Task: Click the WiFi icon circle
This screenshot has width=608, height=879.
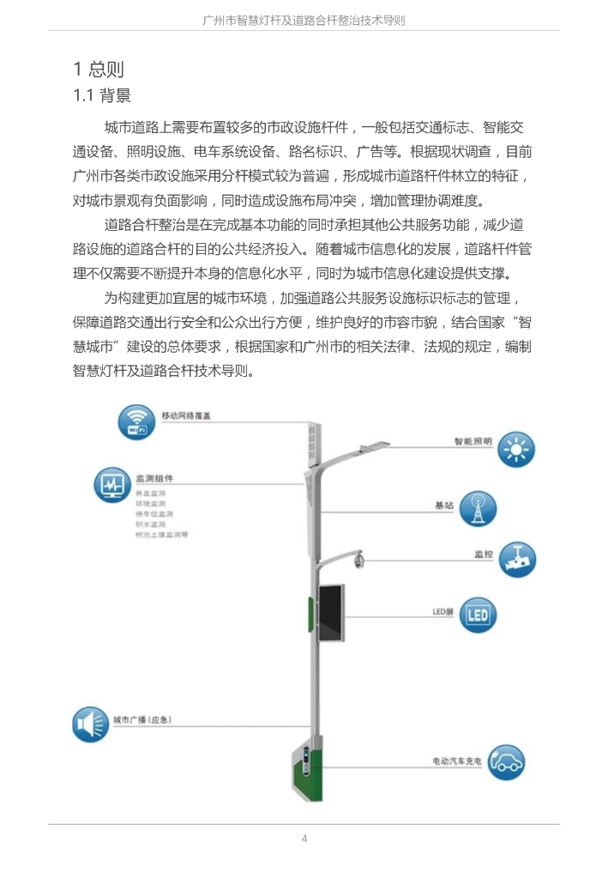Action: pos(137,424)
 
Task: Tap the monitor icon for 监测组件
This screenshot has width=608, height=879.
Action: pos(112,486)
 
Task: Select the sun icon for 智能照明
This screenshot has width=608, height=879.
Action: pos(516,449)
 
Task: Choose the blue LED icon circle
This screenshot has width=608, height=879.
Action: pos(477,615)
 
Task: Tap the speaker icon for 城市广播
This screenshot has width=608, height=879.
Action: pos(90,724)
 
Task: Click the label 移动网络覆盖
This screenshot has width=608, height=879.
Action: pos(186,415)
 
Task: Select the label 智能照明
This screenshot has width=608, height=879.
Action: pos(473,442)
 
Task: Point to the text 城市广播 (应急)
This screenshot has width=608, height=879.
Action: pos(142,718)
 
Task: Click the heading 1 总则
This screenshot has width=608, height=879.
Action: pos(99,69)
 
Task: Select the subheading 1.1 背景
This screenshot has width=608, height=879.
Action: pos(101,94)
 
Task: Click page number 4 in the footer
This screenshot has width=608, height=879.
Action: pos(304,838)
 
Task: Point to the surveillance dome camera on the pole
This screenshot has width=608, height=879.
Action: pos(358,562)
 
